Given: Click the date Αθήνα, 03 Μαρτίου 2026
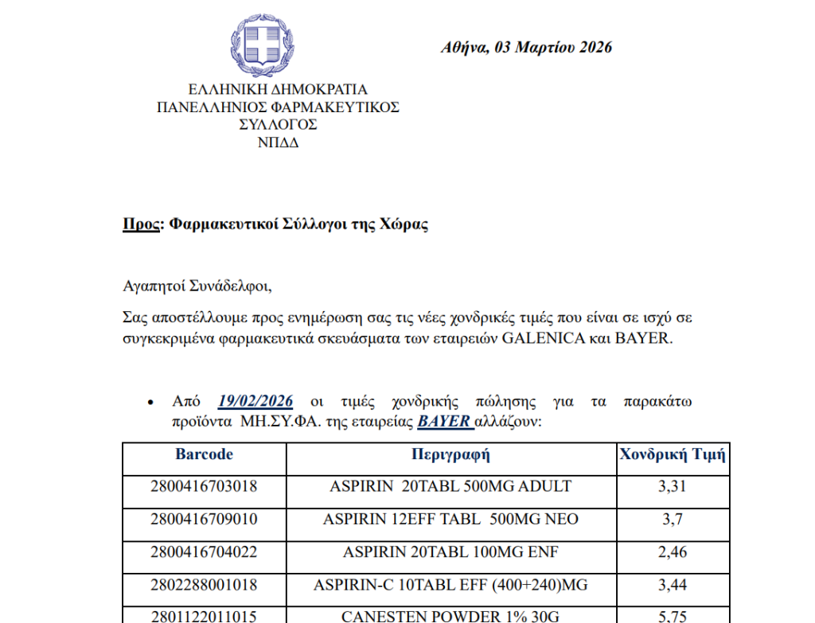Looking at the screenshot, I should (526, 48).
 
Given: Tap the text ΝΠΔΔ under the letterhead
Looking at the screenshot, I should (278, 143).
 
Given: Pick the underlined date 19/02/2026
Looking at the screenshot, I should (255, 400).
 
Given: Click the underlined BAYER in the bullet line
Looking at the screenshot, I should (444, 422).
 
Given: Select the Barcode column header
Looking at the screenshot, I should (205, 454).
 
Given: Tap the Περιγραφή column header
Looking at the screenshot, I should (450, 455).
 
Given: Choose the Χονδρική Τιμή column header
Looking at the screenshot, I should (672, 455).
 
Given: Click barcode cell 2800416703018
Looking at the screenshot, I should (204, 486).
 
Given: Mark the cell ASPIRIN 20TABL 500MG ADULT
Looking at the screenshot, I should (450, 486).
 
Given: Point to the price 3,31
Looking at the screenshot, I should (672, 487).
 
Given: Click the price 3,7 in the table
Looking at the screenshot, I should (672, 520).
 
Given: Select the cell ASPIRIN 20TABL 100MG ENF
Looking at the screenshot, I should (450, 552).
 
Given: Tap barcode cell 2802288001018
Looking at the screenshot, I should (204, 585).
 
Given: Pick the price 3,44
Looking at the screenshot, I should (672, 585).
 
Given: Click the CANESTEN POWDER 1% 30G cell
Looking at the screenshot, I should (450, 616).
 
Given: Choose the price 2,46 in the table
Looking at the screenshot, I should (672, 552).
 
